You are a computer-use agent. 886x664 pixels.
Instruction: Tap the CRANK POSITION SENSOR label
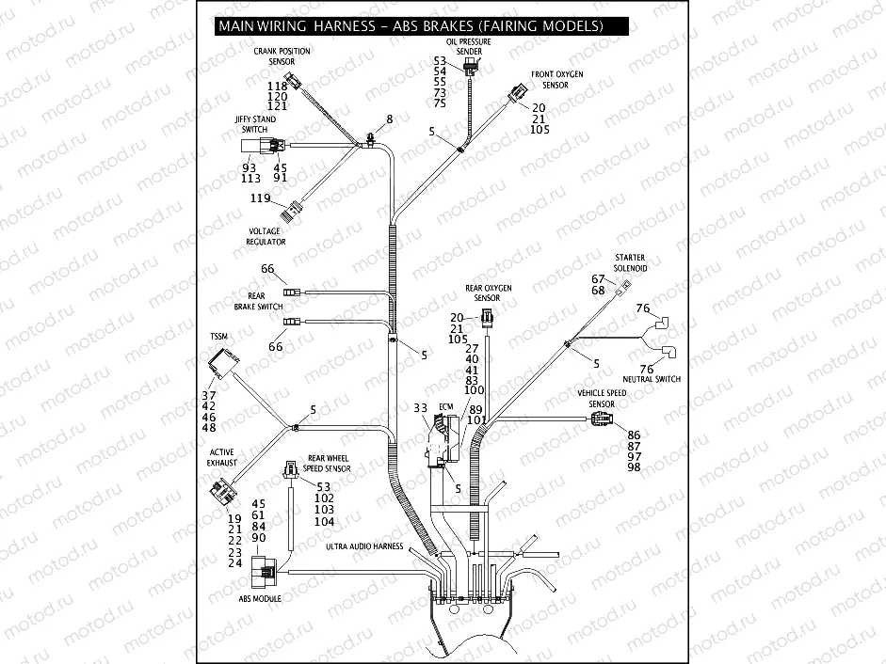point(281,55)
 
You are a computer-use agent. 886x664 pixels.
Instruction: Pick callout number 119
point(261,198)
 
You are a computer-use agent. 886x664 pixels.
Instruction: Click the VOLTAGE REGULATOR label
point(266,236)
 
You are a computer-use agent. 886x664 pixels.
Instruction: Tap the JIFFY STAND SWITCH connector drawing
point(261,146)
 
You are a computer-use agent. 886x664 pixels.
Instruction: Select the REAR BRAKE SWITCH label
point(258,301)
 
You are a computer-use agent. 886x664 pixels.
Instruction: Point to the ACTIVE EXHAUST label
point(221,457)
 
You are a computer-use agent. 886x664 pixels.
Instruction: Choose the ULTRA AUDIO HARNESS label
point(363,546)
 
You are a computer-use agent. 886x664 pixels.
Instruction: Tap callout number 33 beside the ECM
point(420,408)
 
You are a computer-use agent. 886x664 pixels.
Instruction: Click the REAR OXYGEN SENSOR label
point(488,292)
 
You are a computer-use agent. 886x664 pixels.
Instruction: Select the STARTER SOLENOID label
point(630,262)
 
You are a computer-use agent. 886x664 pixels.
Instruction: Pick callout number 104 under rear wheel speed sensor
point(324,521)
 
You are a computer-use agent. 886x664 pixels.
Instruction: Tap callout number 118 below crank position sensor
point(277,87)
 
